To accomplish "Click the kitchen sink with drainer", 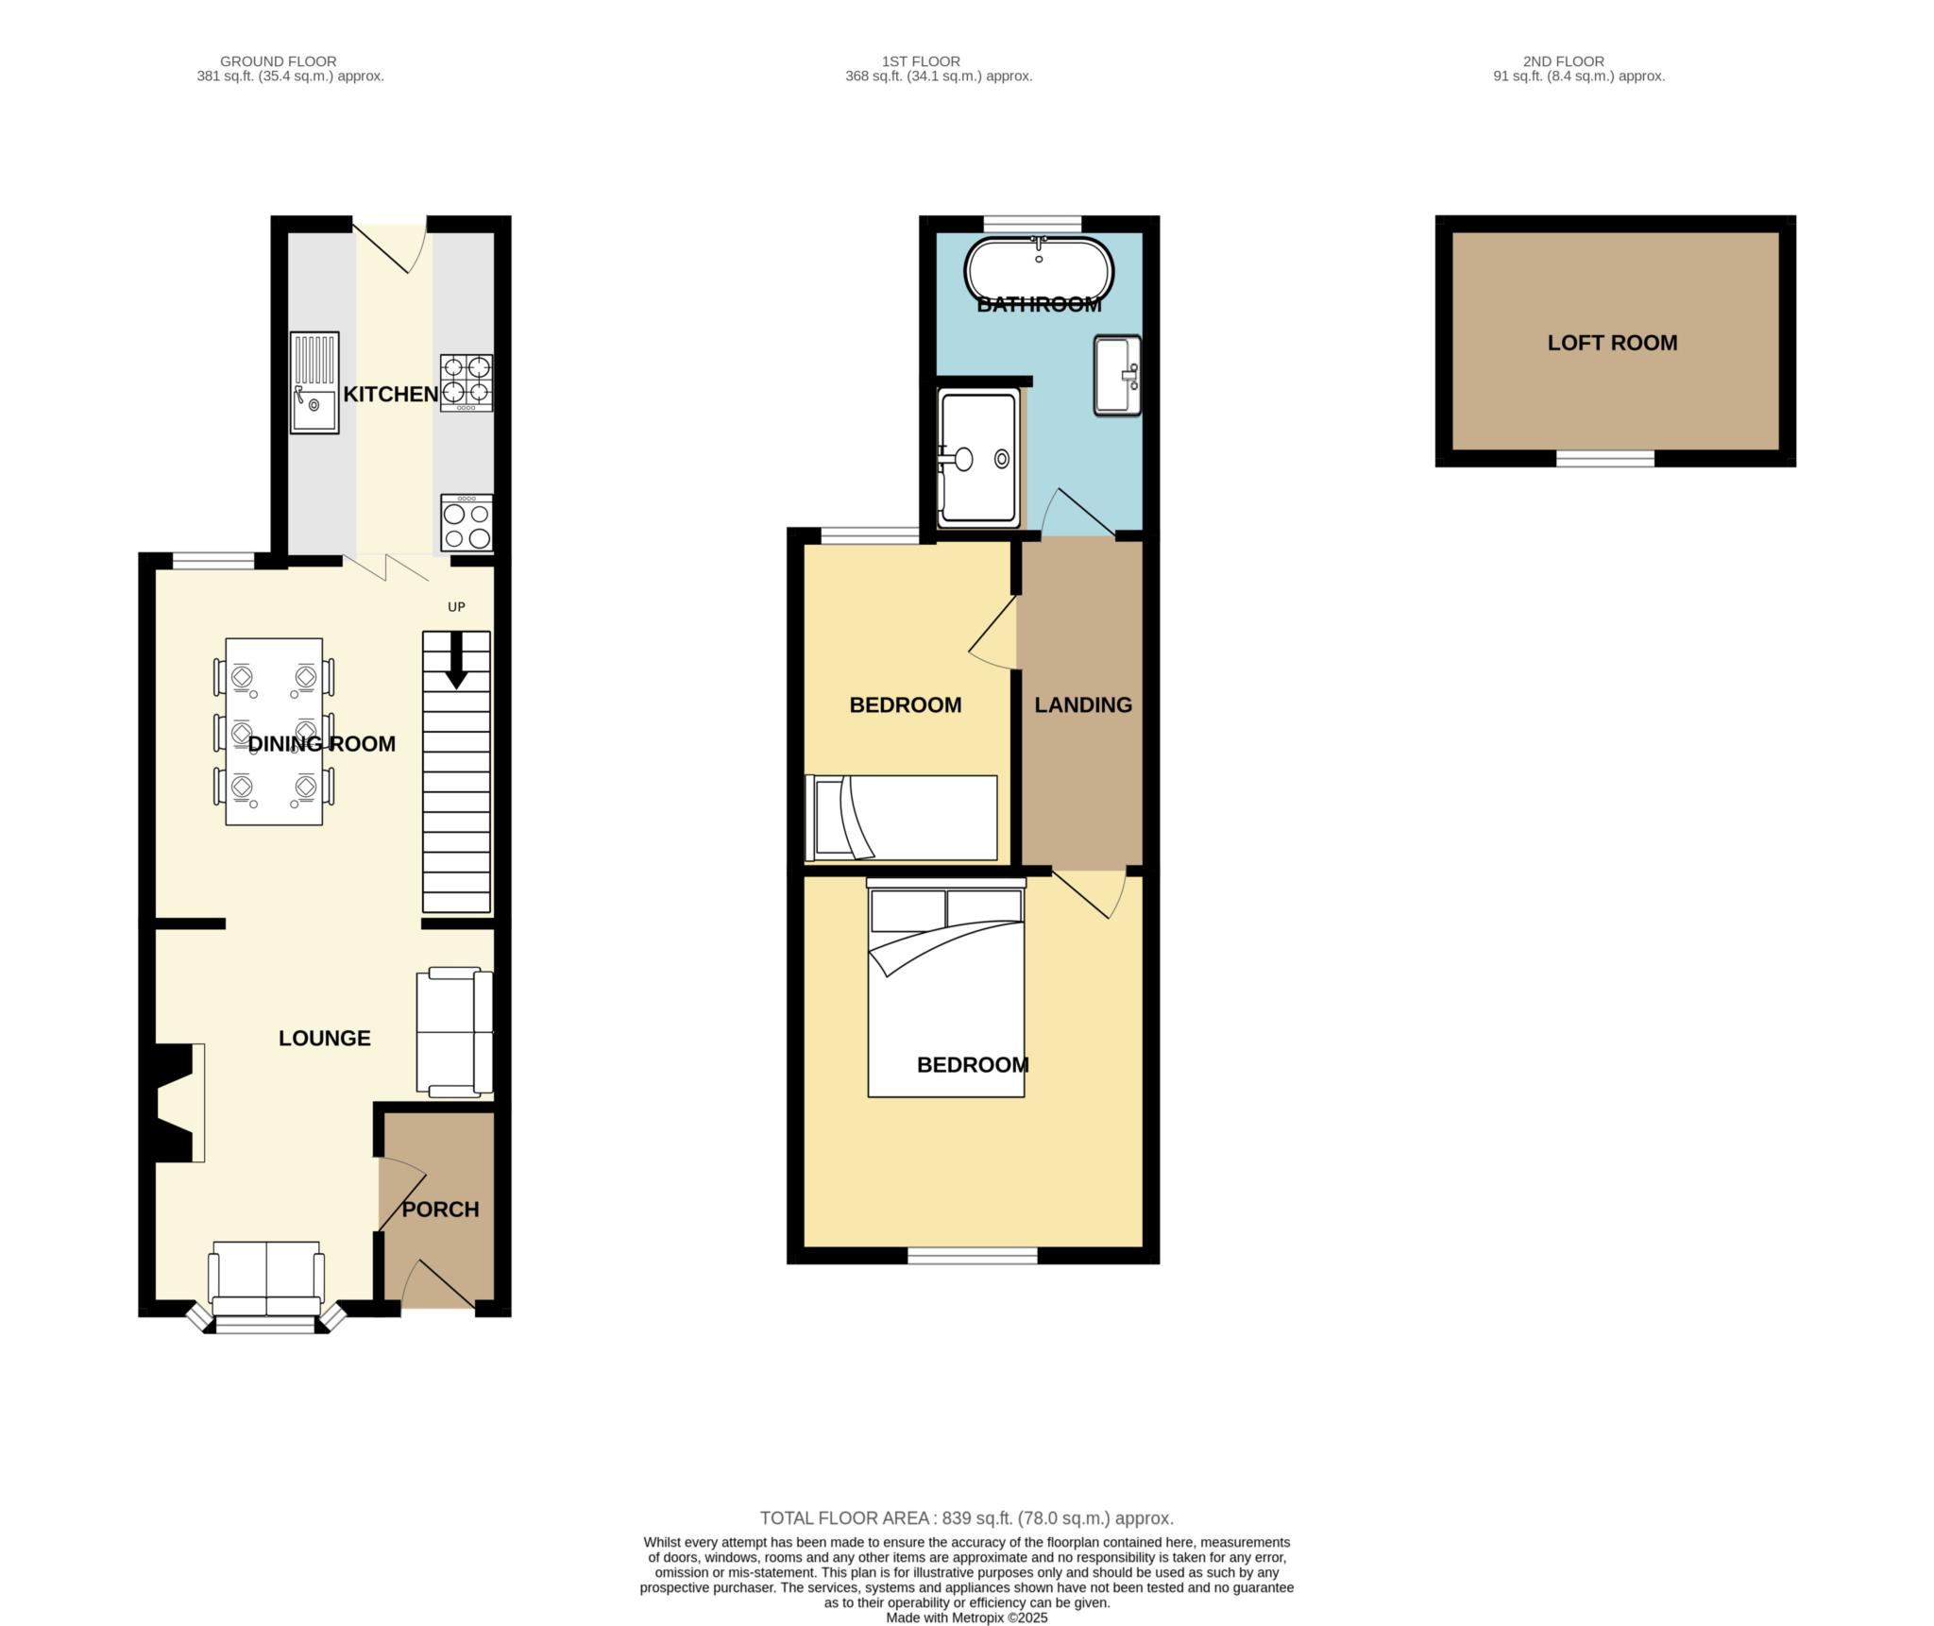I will [x=314, y=382].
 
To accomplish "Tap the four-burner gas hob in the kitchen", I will [x=467, y=382].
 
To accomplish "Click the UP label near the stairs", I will [x=456, y=607].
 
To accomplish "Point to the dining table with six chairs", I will [x=274, y=732].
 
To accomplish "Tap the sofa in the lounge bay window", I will [x=267, y=1279].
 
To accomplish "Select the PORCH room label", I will [x=440, y=1210].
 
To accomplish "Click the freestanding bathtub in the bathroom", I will [x=1039, y=270].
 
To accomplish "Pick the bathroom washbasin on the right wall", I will [x=1117, y=376].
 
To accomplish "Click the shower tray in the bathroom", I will [x=978, y=458].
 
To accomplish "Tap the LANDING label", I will [x=1082, y=705].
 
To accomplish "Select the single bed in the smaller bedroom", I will [x=902, y=818].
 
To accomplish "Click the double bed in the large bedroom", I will [x=946, y=991].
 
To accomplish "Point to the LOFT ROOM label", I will [x=1612, y=344].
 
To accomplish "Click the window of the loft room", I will [x=1604, y=459].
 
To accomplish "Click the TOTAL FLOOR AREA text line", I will [x=966, y=1518].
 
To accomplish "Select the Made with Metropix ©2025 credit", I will [x=966, y=1618].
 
